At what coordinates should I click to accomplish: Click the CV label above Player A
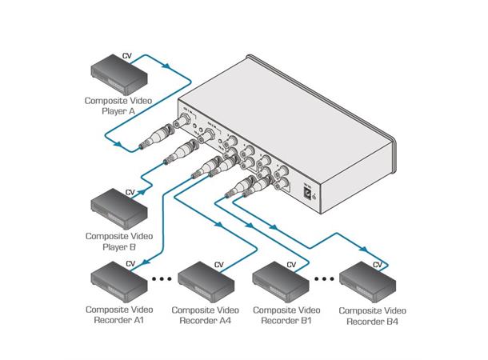click(126, 56)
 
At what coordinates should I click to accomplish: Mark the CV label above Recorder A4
click(218, 263)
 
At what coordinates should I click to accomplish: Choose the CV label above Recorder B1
click(292, 263)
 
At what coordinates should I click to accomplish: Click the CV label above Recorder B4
click(378, 263)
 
